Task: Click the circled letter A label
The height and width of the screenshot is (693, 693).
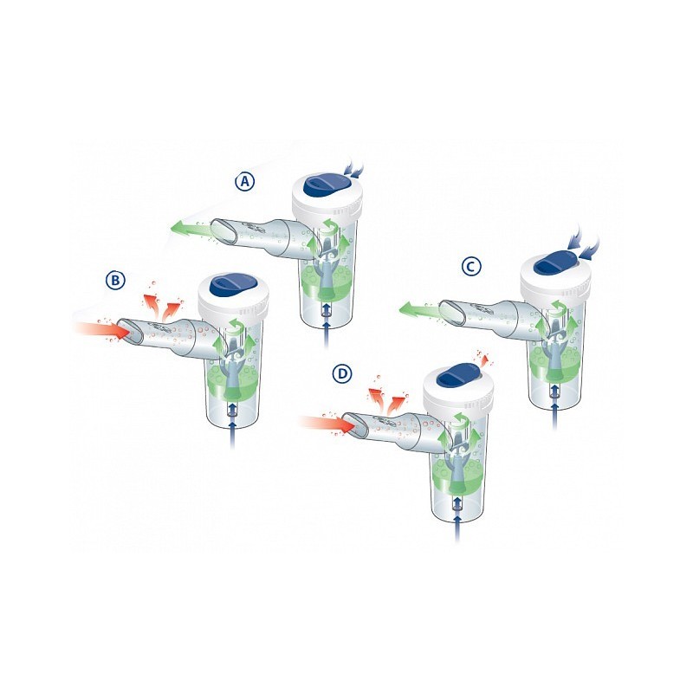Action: [x=246, y=182]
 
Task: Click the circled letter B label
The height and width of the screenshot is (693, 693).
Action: [x=116, y=280]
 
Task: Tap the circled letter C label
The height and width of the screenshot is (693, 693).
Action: [x=470, y=267]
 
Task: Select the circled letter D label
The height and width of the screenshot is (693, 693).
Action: [x=343, y=374]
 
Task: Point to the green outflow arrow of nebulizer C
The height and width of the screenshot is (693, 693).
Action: [x=418, y=308]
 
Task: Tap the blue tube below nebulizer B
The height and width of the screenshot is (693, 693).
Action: [x=233, y=437]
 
